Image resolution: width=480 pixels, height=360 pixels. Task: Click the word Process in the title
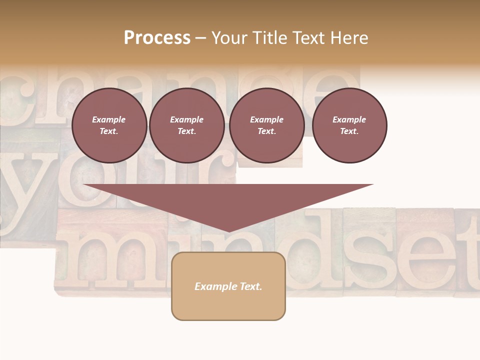(157, 38)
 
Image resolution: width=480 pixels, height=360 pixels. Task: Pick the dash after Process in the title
(200, 38)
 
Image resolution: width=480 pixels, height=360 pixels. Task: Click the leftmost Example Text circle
(109, 125)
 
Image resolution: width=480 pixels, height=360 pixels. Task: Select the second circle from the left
(186, 125)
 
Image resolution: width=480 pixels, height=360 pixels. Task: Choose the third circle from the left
(266, 125)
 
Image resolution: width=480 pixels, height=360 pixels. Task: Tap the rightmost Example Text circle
(349, 125)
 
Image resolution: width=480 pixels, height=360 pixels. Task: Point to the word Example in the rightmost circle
(349, 119)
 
